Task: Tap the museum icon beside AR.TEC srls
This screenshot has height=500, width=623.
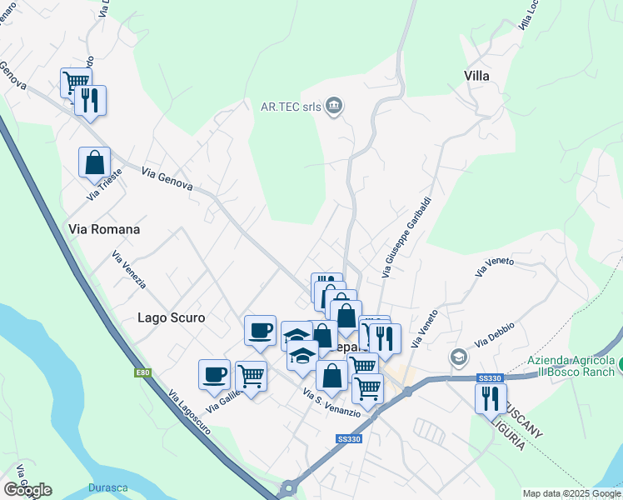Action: (334, 106)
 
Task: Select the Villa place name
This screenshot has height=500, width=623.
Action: (476, 76)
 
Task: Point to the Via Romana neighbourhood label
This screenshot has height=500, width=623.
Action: (103, 228)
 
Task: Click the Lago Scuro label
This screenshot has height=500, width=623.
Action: (171, 317)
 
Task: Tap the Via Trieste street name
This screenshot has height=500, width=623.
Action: (104, 184)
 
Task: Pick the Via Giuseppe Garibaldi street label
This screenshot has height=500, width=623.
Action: (406, 237)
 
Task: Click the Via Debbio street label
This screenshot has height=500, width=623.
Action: (495, 334)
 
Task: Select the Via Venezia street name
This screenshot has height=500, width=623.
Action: (128, 271)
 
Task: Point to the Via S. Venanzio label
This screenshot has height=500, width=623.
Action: (331, 402)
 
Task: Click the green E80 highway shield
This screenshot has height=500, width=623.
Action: (142, 372)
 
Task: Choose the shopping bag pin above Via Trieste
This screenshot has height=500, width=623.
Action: (95, 162)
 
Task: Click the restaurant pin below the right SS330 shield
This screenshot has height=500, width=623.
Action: (490, 397)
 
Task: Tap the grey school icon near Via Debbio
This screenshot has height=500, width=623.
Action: (457, 357)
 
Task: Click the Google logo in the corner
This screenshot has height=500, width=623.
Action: (27, 490)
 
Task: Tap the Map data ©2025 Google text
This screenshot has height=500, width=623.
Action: (571, 493)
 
